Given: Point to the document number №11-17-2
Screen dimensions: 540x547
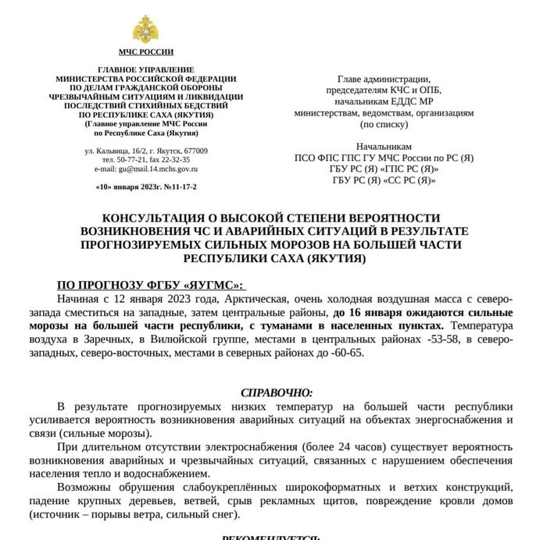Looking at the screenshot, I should (x=178, y=187).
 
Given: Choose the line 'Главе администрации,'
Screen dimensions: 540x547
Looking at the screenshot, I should (x=384, y=79).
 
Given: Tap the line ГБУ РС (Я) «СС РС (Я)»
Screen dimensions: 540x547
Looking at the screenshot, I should (x=384, y=180).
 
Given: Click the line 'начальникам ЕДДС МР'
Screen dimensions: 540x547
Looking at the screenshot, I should (x=384, y=101).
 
